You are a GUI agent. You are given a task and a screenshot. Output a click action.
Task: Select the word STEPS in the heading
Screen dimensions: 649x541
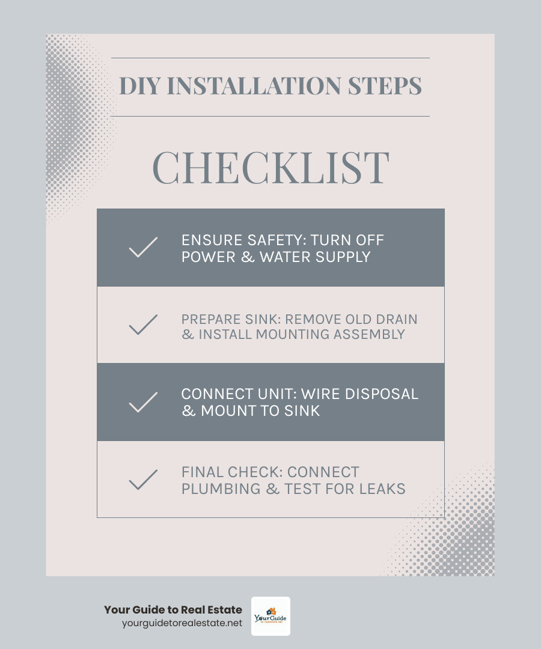(x=385, y=86)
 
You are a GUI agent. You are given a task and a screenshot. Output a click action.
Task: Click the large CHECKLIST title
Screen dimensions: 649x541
(x=270, y=168)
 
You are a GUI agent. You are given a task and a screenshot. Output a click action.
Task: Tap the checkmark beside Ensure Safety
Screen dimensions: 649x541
(x=143, y=248)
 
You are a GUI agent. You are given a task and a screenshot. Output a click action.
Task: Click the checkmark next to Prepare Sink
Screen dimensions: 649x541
(x=143, y=325)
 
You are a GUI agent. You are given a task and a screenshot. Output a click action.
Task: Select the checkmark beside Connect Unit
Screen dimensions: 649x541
(x=143, y=402)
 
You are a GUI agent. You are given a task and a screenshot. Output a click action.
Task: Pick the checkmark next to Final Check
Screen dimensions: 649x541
(x=143, y=480)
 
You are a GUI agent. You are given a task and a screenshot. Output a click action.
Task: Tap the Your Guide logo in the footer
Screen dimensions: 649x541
(x=270, y=616)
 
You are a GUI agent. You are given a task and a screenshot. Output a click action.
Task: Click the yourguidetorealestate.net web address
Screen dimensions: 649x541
(x=182, y=623)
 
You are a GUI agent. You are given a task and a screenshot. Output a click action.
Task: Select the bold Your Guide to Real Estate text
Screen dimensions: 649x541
(x=173, y=609)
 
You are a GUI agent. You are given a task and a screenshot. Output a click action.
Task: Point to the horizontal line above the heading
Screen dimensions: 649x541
(x=270, y=58)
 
